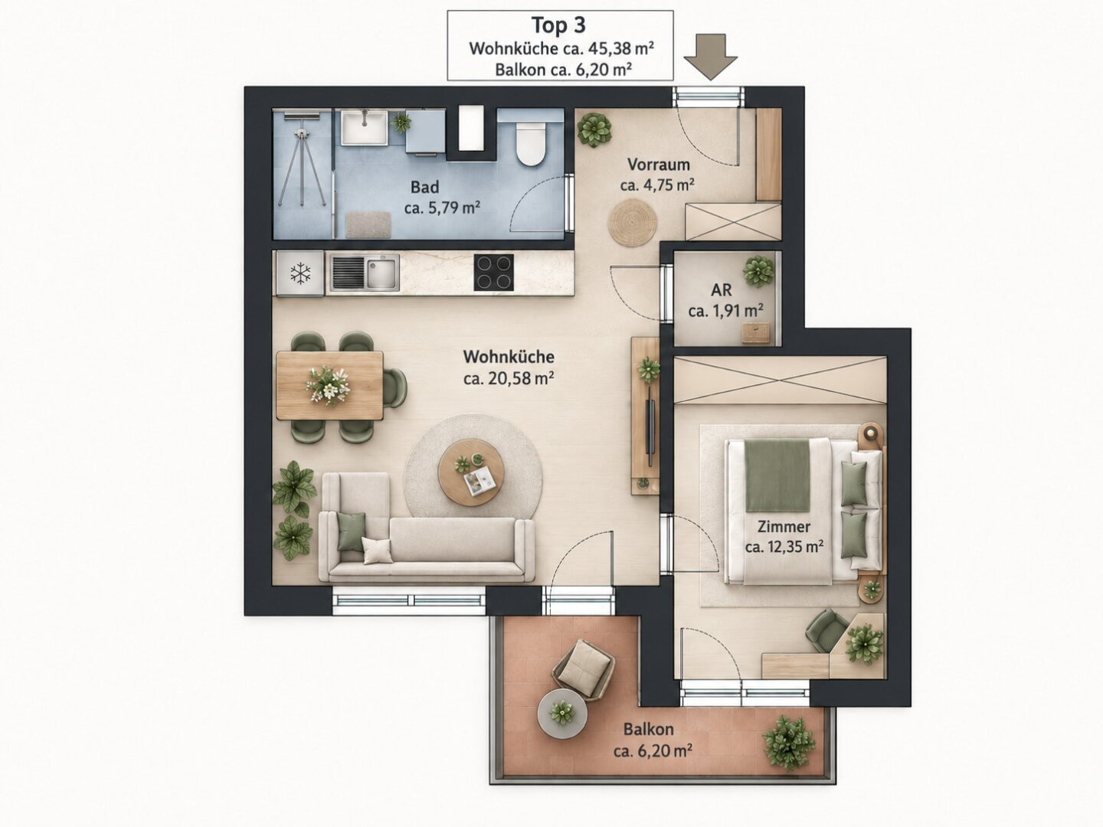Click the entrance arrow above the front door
coord(710,57)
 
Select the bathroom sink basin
coord(365,128)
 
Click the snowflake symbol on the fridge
coord(300,273)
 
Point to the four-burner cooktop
coord(493,272)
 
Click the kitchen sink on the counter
coord(365,273)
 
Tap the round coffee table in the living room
coord(471,472)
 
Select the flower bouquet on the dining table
coord(328,385)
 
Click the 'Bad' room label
coord(424,187)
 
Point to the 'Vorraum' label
coord(658,164)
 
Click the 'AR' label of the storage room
coord(721,289)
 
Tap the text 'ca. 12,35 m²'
coord(784,546)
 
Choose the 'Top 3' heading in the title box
coord(559,25)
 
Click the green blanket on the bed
coord(777,475)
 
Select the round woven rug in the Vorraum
coord(632,222)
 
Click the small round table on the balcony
coord(562,714)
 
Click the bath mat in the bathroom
coord(368,225)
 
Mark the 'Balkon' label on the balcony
coord(648,728)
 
